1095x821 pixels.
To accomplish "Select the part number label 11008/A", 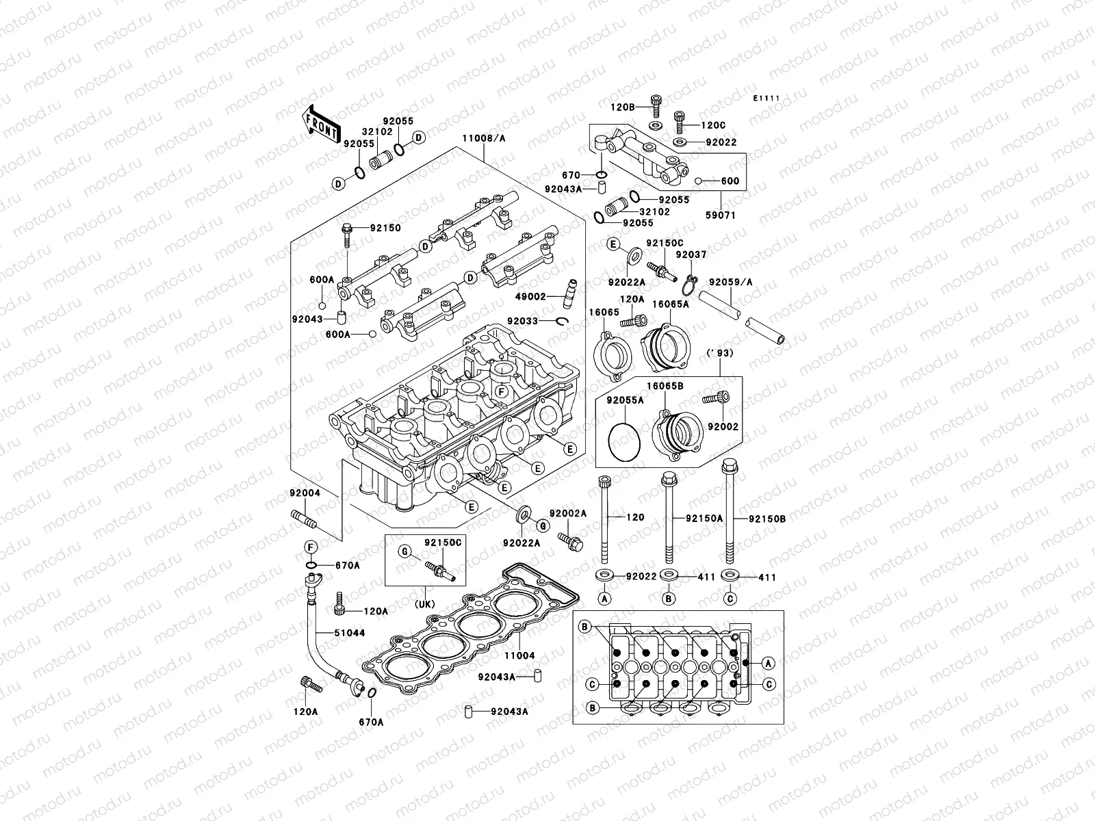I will [483, 138].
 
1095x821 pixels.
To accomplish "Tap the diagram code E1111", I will [766, 99].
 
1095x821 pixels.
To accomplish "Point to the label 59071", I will [721, 214].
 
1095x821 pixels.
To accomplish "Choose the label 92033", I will [523, 321].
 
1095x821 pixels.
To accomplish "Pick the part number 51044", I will [349, 633].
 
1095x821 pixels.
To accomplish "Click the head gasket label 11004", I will [519, 655].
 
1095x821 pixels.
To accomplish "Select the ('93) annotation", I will [719, 352].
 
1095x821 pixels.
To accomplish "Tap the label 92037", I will [691, 255].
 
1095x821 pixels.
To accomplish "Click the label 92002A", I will [567, 513].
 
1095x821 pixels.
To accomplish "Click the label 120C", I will [713, 126].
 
